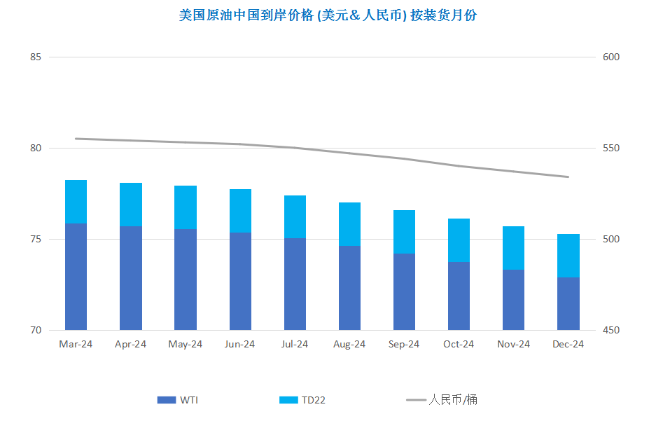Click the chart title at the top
coord(328,15)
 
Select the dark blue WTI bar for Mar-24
coord(76,277)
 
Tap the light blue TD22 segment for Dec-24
coord(568,256)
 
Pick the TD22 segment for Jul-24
coord(295,216)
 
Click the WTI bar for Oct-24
coord(459,296)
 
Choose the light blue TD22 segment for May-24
coord(186,207)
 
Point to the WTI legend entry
coord(178,400)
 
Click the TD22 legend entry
coord(302,400)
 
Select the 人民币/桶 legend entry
coord(441,400)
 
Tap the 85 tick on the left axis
coord(36,57)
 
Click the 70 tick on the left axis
coord(36,330)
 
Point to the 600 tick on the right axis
coord(611,57)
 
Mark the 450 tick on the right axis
coord(611,330)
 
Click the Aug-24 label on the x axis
coord(349,344)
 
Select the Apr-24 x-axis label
coord(130,344)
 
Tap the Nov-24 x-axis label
coord(513,344)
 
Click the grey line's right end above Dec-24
coord(568,177)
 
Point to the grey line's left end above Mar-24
coord(76,139)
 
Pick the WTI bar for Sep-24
coord(404,291)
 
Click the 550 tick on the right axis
coord(611,148)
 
